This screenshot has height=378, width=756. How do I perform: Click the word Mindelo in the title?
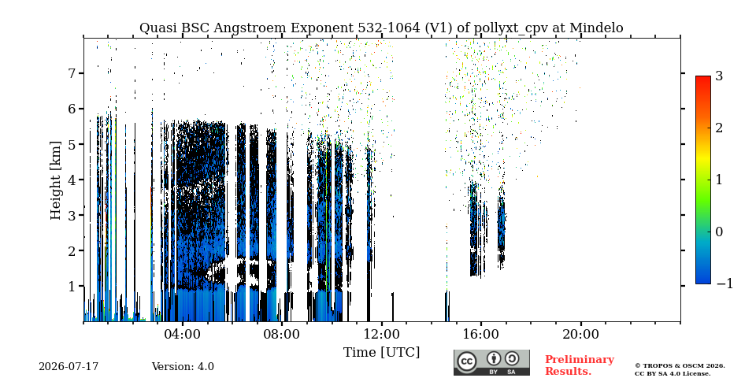[x=596, y=28]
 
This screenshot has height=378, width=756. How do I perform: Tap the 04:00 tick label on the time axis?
[x=183, y=335]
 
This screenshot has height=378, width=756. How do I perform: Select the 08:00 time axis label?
[x=282, y=335]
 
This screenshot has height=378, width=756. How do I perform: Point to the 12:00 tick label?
[x=381, y=335]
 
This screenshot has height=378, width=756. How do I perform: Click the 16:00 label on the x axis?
[x=481, y=335]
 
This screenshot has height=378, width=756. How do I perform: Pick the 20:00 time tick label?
[x=580, y=335]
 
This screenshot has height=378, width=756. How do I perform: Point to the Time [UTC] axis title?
[x=381, y=353]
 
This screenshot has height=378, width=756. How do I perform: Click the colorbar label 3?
[x=719, y=76]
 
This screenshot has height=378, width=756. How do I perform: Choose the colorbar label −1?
[x=724, y=283]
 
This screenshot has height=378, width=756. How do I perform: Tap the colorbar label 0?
[x=719, y=232]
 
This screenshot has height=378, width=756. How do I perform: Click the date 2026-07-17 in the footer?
[x=69, y=367]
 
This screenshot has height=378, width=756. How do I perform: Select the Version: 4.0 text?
[x=183, y=367]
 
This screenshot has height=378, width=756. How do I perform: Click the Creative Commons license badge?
[x=491, y=362]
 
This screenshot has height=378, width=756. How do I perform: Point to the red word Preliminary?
[x=580, y=360]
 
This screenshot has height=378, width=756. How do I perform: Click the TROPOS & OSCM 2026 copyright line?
[x=680, y=366]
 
